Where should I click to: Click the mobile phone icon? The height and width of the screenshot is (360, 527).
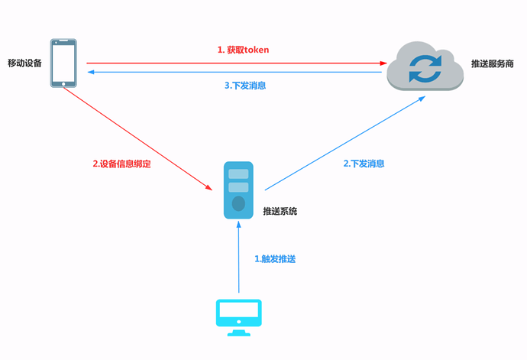[x=63, y=63]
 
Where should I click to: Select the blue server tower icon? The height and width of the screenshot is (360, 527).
[x=238, y=190]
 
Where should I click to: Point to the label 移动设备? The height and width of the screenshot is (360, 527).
[x=25, y=63]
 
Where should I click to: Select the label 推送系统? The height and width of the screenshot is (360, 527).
[x=280, y=210]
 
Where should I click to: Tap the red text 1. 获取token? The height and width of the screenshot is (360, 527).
[x=244, y=50]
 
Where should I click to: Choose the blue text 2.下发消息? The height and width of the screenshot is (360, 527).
[x=363, y=164]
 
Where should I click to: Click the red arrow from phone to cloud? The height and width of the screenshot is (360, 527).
[x=229, y=63]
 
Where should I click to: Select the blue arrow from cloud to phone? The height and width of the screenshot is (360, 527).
[x=229, y=72]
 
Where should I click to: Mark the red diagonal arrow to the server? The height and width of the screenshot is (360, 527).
[x=137, y=138]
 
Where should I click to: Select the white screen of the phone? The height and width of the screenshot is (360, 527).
[x=63, y=61]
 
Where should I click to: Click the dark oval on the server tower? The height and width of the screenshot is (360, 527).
[x=238, y=204]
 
